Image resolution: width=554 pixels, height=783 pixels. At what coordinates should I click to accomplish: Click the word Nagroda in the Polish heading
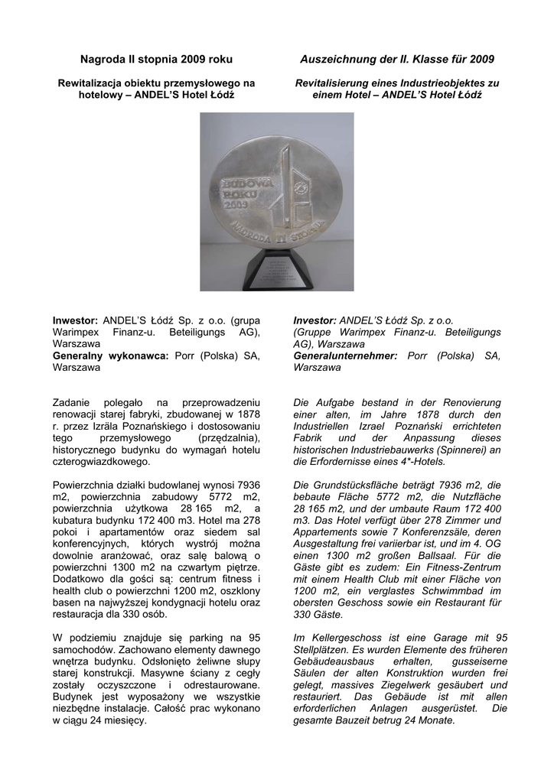(102, 60)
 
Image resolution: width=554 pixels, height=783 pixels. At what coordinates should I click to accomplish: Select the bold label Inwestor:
(75, 320)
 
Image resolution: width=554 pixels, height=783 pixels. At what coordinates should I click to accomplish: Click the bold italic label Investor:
(315, 320)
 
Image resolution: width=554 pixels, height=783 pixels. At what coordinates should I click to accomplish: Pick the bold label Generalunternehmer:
(345, 356)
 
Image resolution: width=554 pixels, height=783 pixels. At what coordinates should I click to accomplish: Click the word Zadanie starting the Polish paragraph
(73, 402)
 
